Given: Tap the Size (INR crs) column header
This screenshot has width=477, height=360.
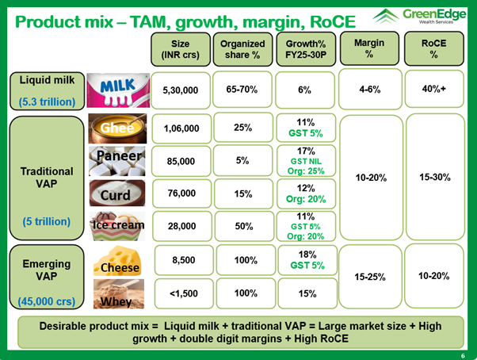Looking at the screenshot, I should [x=180, y=49].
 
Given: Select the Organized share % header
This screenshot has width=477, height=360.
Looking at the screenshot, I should [x=242, y=49].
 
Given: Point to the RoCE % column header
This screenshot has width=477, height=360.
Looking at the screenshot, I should [x=433, y=49].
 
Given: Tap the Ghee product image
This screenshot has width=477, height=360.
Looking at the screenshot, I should [x=116, y=128].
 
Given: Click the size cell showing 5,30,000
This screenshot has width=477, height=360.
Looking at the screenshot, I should [x=180, y=91].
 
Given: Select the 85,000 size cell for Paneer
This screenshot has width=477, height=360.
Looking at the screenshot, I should [x=180, y=160].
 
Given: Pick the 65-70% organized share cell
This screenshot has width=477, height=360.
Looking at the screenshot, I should [x=242, y=91].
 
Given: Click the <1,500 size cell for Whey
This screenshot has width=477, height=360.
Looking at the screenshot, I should [x=180, y=293].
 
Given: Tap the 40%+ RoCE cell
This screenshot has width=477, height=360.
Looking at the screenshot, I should [x=433, y=90].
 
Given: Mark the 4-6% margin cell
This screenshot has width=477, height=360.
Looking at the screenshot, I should [x=368, y=90].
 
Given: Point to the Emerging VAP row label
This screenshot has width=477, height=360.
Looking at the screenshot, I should [x=46, y=270].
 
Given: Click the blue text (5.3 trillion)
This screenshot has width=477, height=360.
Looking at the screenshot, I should [x=46, y=101].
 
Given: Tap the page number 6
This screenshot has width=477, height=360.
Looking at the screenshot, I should [x=463, y=353].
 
